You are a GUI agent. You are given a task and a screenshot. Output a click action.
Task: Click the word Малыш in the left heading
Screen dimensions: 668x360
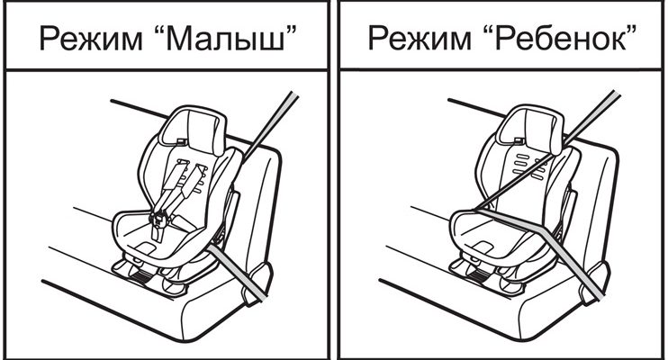click(225, 39)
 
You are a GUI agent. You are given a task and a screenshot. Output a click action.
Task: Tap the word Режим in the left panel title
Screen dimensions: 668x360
click(91, 40)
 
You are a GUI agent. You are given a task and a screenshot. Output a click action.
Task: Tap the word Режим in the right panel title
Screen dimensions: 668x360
click(420, 40)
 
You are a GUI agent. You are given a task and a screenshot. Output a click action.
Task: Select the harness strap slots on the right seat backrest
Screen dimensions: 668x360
click(529, 166)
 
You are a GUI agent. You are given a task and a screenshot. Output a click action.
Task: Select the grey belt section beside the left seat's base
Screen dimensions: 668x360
click(239, 272)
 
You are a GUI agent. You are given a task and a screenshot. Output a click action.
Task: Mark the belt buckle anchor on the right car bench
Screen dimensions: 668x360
click(595, 283)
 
